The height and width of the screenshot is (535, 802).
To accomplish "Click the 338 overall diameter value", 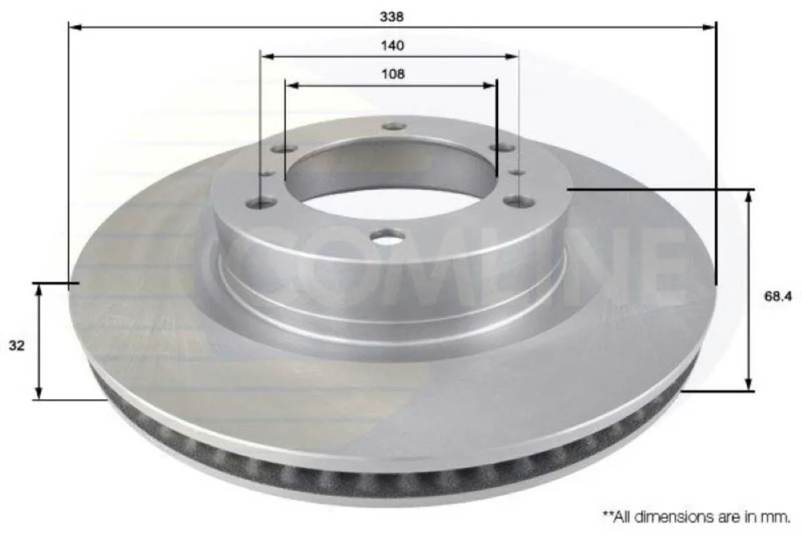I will point(392,17).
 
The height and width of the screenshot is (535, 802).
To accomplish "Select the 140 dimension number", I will point(393,46).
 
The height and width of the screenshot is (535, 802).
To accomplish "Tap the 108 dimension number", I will point(393,74).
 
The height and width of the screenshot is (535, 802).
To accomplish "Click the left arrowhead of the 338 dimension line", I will point(74,27).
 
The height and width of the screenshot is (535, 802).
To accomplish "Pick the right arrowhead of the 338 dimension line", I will point(710,27).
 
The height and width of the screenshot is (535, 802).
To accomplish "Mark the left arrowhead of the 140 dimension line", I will point(265,57).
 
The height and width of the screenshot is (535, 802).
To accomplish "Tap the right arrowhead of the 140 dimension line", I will point(513,57).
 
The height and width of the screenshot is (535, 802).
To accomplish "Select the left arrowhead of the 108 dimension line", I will point(290,85).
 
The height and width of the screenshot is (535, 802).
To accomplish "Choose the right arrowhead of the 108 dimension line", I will point(493,85).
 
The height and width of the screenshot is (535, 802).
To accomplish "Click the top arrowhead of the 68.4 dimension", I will point(750,195).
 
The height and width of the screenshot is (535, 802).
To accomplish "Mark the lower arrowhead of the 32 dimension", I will point(39,395).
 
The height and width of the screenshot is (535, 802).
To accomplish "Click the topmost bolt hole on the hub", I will point(394,126).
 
